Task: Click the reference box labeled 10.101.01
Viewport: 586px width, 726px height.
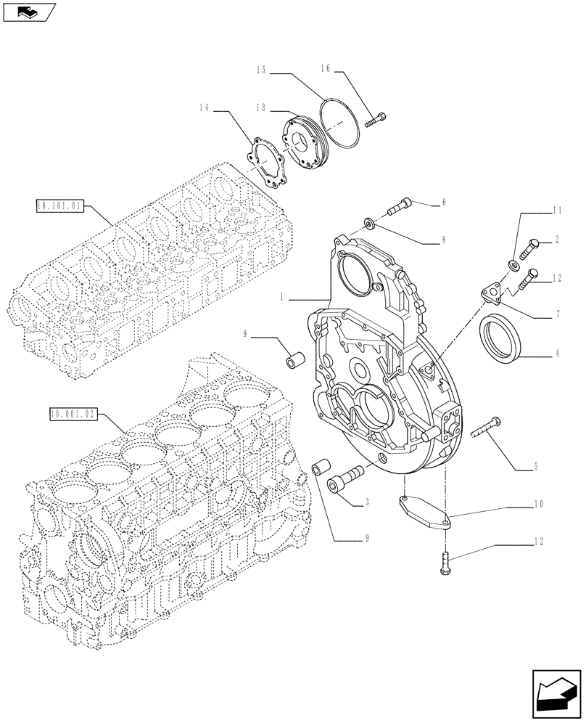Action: click(x=60, y=206)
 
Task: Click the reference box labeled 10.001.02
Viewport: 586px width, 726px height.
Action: click(x=72, y=415)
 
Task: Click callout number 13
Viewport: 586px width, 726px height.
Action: click(x=261, y=107)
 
